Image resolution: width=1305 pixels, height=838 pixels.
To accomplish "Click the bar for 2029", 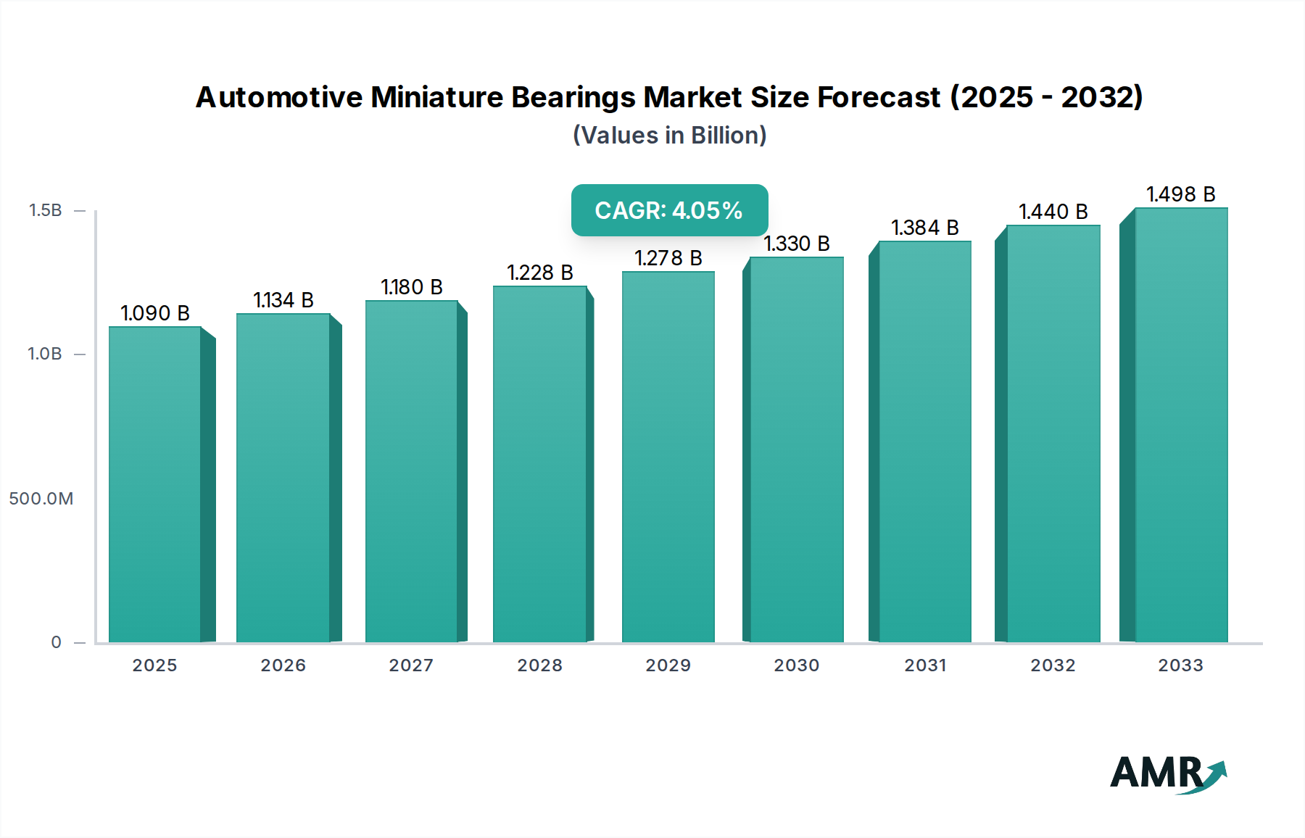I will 668,457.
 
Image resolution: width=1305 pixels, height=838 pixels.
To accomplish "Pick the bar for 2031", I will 924,441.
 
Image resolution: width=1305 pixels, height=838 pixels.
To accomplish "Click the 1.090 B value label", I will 155,313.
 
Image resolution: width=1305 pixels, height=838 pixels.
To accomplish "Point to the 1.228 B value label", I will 540,273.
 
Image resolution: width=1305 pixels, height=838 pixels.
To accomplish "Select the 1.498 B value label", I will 1180,194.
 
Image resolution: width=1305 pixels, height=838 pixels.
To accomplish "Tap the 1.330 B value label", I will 796,244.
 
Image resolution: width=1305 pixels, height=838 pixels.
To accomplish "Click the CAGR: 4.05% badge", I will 669,210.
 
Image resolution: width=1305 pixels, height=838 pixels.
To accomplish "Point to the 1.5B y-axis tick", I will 45,210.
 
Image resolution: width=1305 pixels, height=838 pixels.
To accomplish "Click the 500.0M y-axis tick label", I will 41,499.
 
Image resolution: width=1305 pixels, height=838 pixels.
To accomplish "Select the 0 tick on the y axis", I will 56,642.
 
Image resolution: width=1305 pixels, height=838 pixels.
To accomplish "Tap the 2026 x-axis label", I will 283,665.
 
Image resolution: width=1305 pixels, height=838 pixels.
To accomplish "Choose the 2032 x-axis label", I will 1053,665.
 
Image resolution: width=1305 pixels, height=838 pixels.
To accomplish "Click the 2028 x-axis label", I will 539,665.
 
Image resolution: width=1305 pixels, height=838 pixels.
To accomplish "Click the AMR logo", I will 1167,773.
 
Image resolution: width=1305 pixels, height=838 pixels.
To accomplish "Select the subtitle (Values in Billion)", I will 669,136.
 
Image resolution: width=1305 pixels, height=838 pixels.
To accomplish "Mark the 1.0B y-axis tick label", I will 45,354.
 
